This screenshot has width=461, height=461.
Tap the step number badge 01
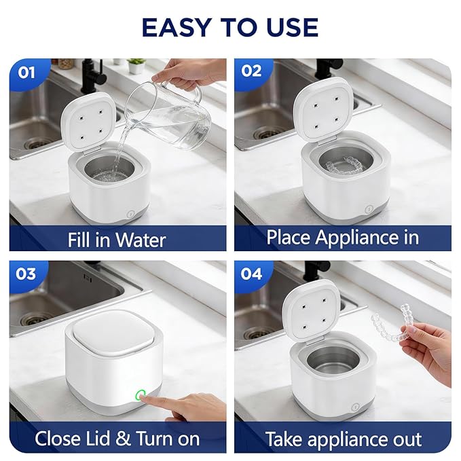[26, 73]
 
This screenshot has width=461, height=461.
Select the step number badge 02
[251, 71]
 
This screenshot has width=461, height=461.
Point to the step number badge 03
[26, 274]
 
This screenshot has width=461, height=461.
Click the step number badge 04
[251, 274]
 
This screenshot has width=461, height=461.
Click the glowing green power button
[141, 394]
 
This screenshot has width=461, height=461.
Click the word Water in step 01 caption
[141, 240]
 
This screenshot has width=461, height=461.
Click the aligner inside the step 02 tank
[346, 166]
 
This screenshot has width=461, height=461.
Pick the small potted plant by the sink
[136, 66]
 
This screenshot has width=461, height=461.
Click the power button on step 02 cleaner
[369, 210]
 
